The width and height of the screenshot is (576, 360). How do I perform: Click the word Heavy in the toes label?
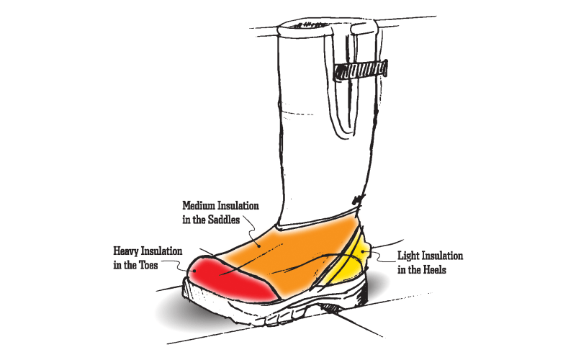point(127,251)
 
